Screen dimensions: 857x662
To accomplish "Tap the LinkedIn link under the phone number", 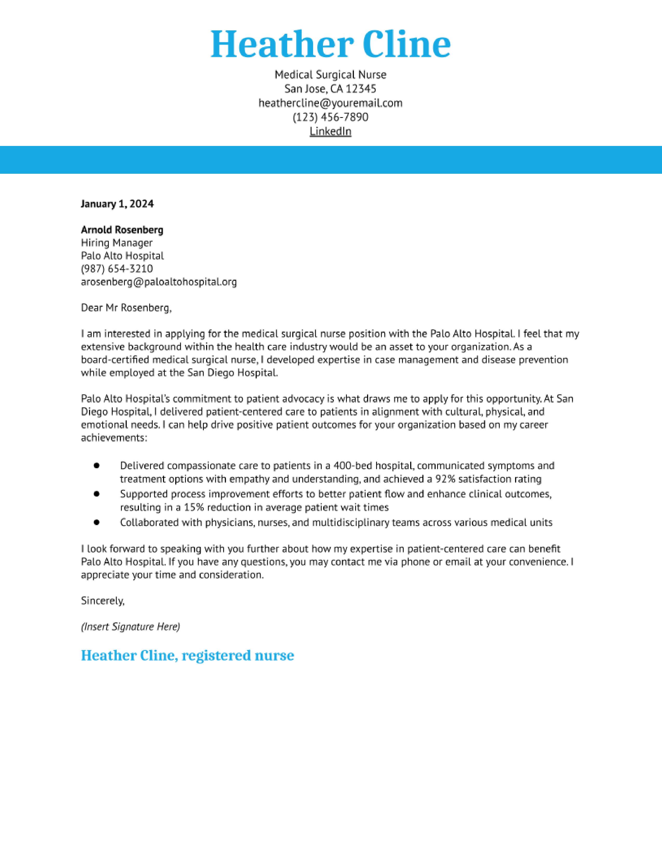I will coord(330,131).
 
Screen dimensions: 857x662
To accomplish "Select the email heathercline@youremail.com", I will coord(330,103).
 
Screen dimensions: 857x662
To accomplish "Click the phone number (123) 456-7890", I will coord(330,117).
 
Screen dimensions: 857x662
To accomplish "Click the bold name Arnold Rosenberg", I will coord(122,230).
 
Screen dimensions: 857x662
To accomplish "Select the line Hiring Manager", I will coord(117,243).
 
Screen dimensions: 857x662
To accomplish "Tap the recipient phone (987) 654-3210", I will coord(117,269).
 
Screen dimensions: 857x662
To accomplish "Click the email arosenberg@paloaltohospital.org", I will coord(159,282).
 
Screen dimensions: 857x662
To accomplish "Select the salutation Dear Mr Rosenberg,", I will coord(126,308).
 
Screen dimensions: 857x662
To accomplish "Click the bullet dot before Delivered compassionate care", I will coord(97,465).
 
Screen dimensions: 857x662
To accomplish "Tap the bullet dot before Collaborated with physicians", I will coord(97,522).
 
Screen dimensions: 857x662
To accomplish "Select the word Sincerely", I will coord(102,600).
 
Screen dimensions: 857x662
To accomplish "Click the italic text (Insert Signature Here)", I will coord(130,626).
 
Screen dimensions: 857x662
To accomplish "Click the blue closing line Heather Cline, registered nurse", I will coord(187,655).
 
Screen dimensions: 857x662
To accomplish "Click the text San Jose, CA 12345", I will coord(330,89).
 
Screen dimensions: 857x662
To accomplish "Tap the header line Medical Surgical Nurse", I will coord(330,75).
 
